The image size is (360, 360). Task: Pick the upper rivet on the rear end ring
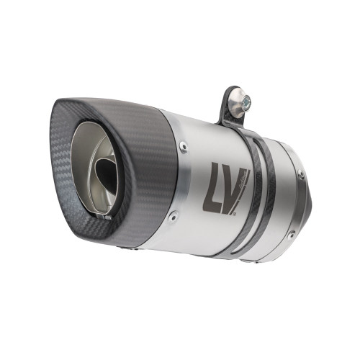pyautogui.click(x=302, y=175)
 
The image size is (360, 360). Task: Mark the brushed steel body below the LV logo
pyautogui.click(x=216, y=216)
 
